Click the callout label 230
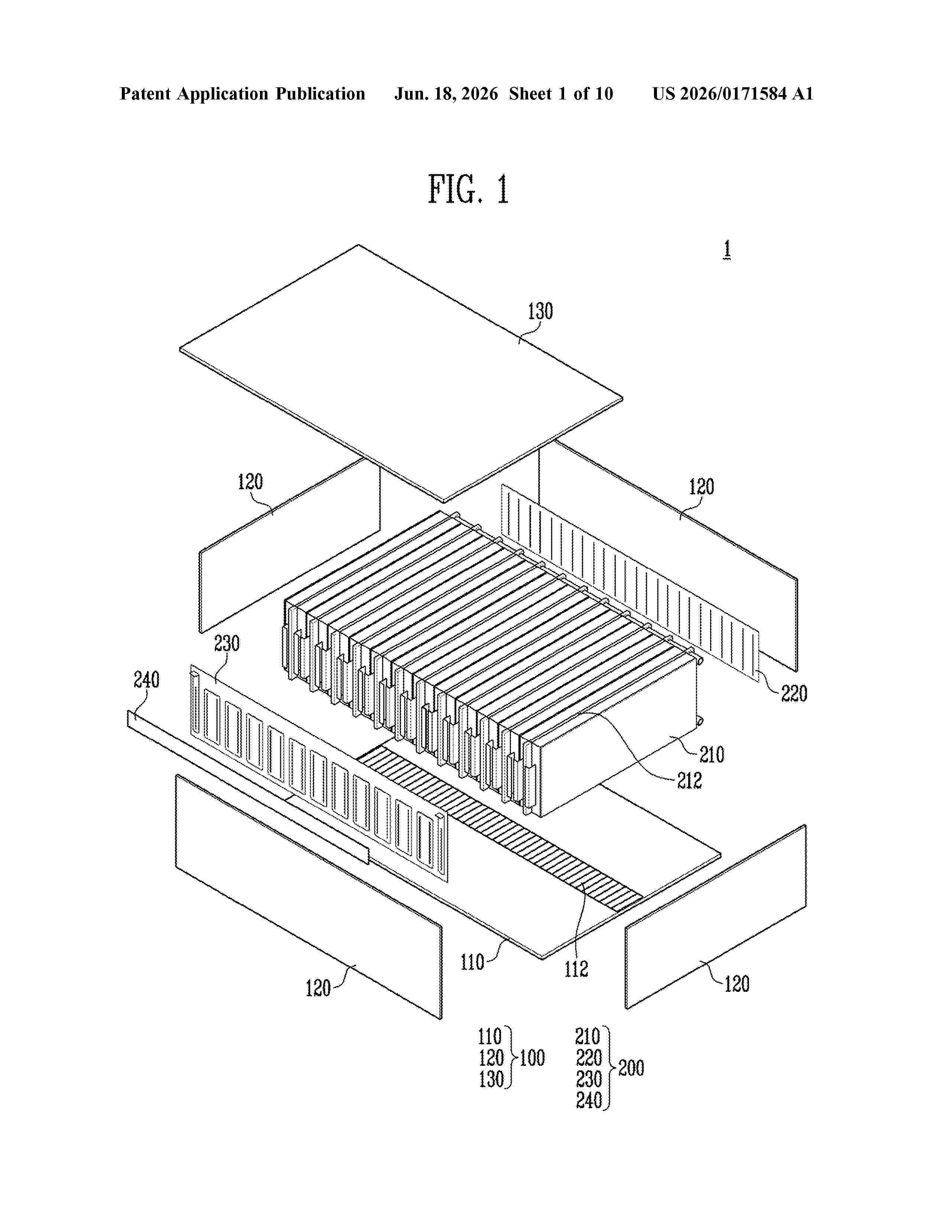point(227,643)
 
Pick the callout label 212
point(690,780)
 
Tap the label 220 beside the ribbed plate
point(794,694)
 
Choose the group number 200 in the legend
point(631,1068)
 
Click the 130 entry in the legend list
point(491,1079)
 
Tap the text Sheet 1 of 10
point(561,94)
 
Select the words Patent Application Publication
point(243,94)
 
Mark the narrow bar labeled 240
point(248,787)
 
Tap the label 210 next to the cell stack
point(712,754)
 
